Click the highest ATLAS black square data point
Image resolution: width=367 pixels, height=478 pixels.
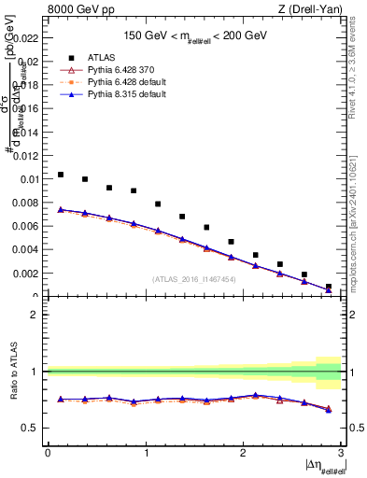click(x=61, y=175)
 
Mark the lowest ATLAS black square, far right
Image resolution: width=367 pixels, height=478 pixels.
click(x=328, y=287)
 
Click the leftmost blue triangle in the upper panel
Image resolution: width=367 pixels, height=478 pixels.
click(x=61, y=209)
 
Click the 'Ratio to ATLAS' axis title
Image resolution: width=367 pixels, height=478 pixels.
click(x=11, y=372)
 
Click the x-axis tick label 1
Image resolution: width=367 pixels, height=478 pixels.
click(x=145, y=453)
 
